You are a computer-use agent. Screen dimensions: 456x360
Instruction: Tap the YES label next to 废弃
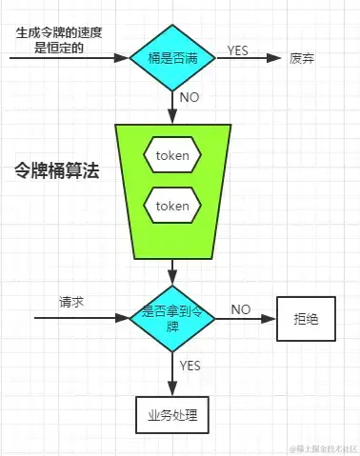[x=239, y=49]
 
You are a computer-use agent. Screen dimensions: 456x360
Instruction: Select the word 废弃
[x=303, y=59]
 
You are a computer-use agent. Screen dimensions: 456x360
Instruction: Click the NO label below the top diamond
[x=190, y=97]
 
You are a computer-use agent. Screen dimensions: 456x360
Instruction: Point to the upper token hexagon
[x=172, y=153]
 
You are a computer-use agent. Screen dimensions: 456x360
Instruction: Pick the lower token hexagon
[x=172, y=206]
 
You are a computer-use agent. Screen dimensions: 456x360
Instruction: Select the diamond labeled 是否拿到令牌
[x=172, y=318]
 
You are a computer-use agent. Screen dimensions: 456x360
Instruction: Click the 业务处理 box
[x=172, y=416]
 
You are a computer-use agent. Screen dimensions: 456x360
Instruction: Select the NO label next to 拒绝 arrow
[x=240, y=309]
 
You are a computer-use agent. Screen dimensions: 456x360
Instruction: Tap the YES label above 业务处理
[x=190, y=365]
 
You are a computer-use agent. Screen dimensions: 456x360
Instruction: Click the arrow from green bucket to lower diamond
[x=172, y=271]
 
